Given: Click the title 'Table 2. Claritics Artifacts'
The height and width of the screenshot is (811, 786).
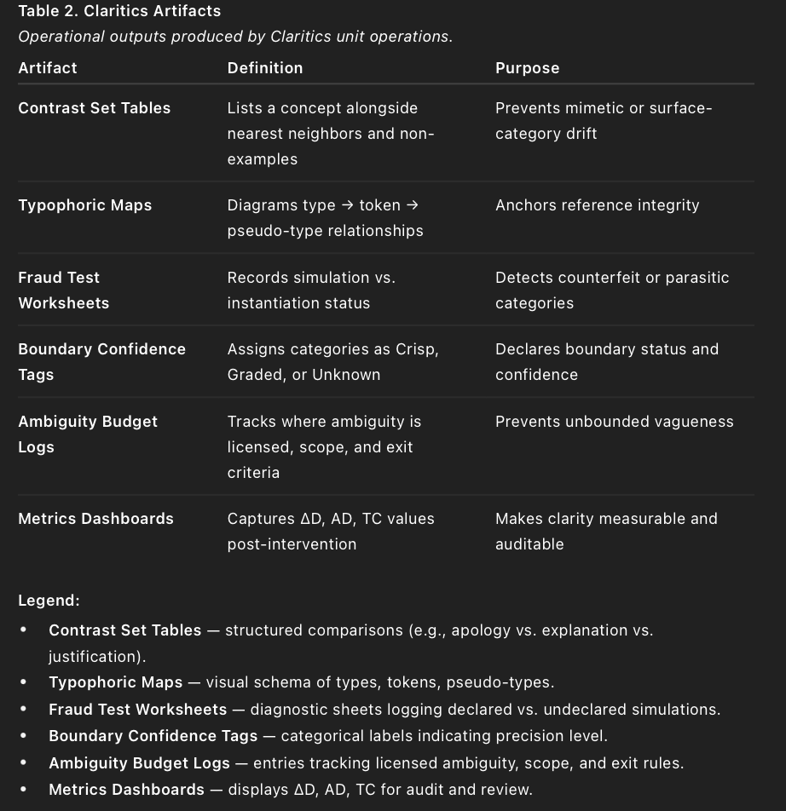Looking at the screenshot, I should (x=119, y=11).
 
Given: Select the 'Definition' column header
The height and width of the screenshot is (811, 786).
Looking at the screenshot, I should (x=265, y=68).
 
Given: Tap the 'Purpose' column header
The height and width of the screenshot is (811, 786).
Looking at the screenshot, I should (x=527, y=68).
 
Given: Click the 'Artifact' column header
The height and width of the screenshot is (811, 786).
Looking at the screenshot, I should (x=48, y=68).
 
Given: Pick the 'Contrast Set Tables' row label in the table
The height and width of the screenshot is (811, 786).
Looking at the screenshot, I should (x=95, y=108).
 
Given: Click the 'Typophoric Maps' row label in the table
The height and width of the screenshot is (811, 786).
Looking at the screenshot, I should (x=85, y=205).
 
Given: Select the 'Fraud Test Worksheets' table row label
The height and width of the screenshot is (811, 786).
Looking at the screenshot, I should (x=64, y=290).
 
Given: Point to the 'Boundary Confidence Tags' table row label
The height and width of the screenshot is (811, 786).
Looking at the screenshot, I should (x=101, y=361).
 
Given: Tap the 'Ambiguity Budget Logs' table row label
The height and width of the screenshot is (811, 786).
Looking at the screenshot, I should (x=88, y=434).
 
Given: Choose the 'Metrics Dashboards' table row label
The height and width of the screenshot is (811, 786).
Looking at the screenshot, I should (x=95, y=519).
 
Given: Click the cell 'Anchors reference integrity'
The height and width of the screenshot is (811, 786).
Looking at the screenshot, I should (x=597, y=205).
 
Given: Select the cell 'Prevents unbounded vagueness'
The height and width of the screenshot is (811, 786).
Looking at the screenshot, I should (x=614, y=422).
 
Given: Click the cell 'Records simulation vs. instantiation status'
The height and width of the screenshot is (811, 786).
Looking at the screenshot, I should (x=311, y=290).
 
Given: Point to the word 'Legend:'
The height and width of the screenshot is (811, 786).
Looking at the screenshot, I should (x=49, y=601).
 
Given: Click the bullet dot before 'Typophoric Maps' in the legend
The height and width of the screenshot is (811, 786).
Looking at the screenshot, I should (x=24, y=682).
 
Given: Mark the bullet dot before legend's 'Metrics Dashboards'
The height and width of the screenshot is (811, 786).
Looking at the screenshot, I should (x=24, y=790).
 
